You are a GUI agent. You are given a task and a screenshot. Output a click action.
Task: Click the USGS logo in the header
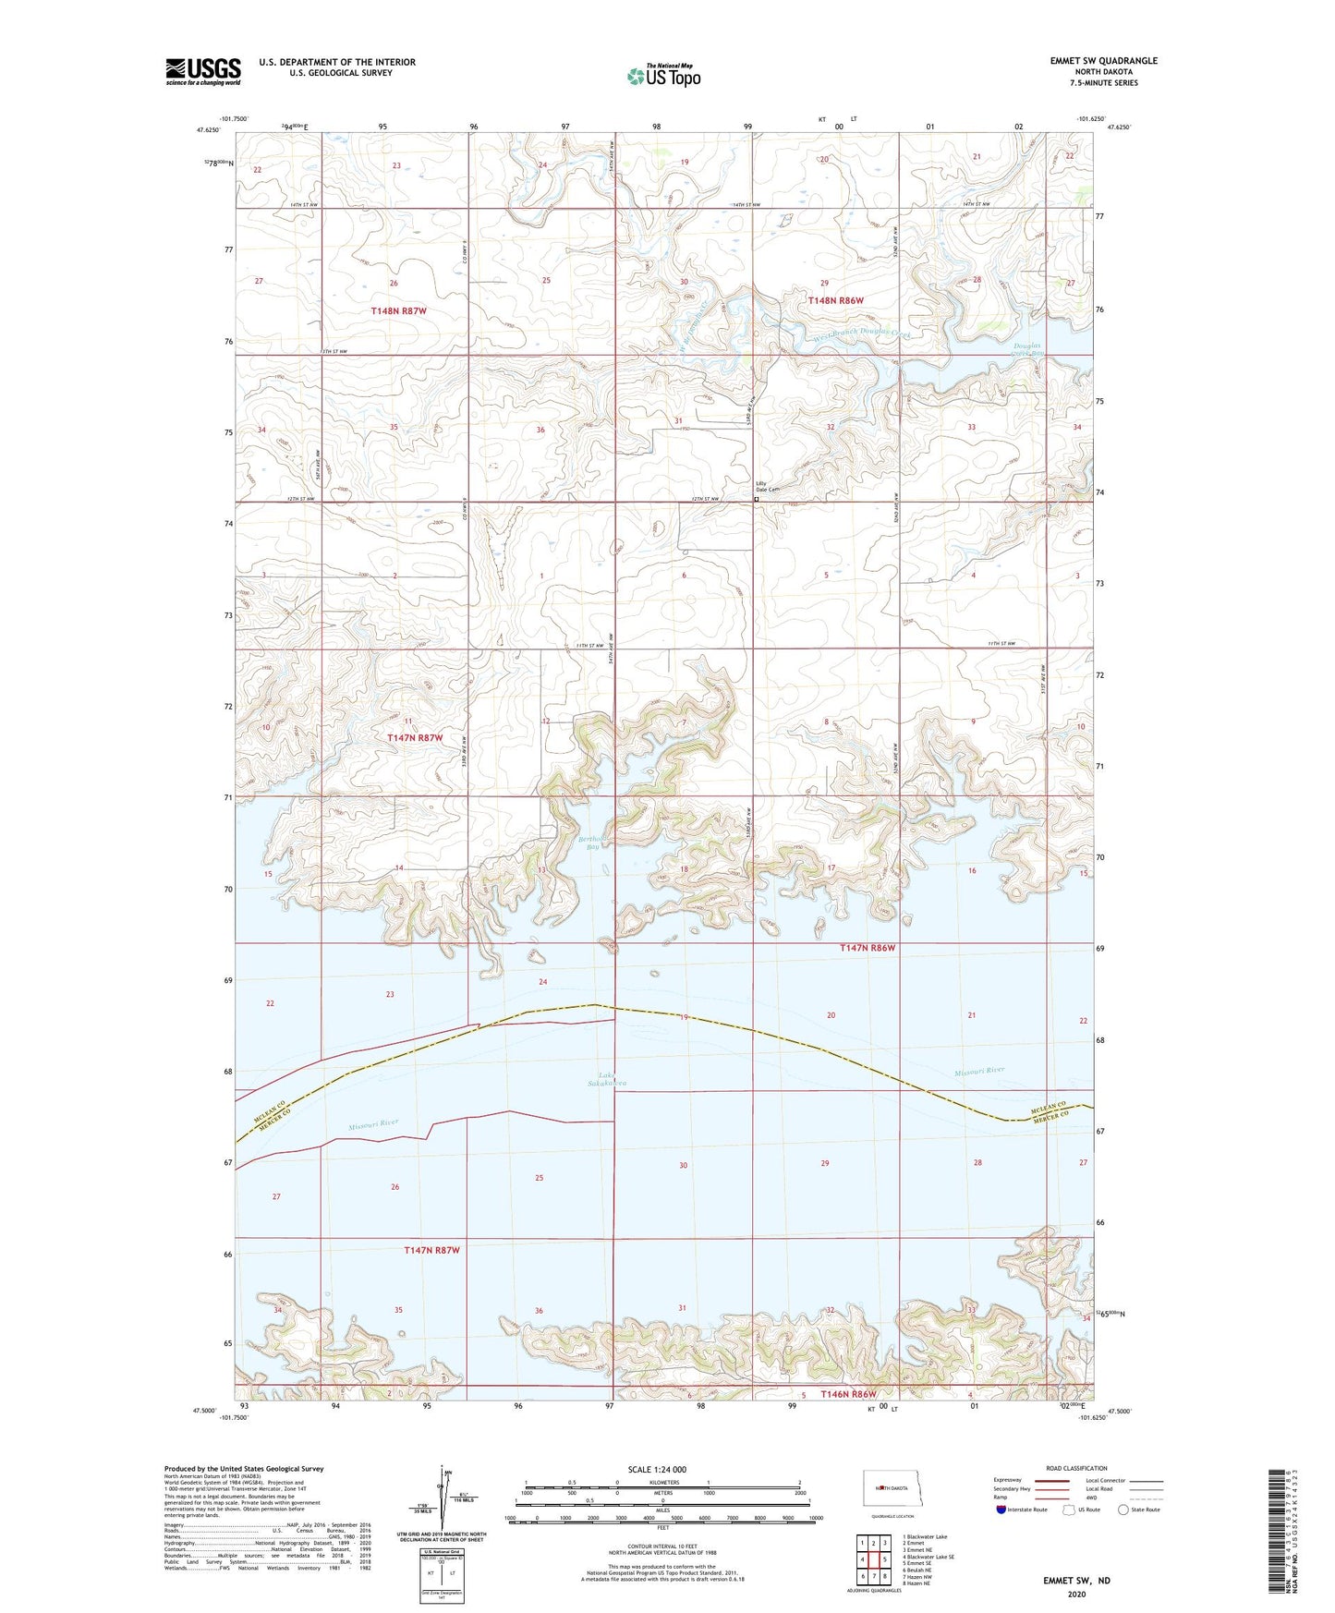pyautogui.click(x=203, y=71)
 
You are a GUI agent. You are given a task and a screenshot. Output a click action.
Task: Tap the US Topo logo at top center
pyautogui.click(x=663, y=75)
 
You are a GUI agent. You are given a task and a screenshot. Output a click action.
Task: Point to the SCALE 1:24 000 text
pyautogui.click(x=657, y=1469)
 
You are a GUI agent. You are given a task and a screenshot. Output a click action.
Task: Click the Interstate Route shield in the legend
pyautogui.click(x=1002, y=1510)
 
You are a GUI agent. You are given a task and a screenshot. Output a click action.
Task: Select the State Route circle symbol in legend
pyautogui.click(x=1123, y=1510)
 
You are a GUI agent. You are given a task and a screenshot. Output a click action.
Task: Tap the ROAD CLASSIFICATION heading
pyautogui.click(x=1076, y=1468)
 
